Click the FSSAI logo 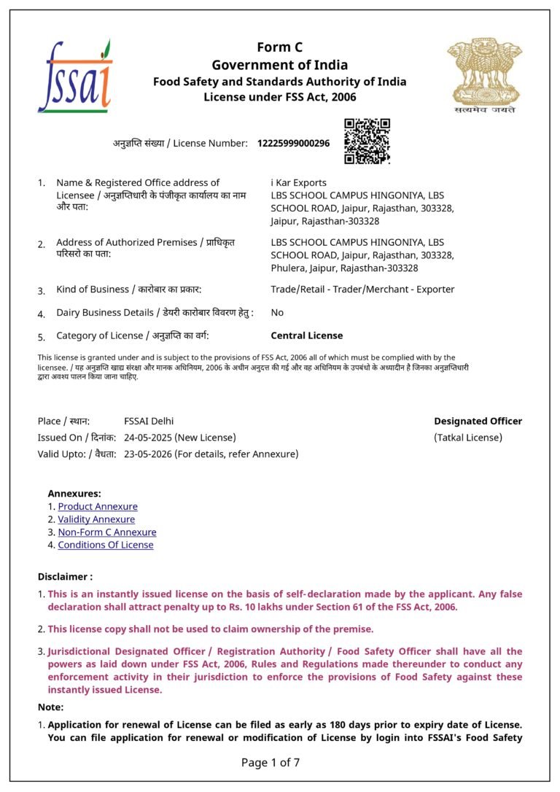74,77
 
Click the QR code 367,141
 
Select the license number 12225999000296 293,144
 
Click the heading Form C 279,47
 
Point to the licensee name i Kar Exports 298,182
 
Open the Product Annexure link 98,506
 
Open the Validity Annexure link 96,519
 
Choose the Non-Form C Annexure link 107,532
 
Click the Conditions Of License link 106,545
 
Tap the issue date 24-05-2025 149,438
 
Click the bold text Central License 306,335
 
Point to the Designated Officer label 478,421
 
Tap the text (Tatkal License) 468,438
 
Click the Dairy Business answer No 277,312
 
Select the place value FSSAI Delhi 149,421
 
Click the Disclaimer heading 65,576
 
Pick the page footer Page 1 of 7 271,763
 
